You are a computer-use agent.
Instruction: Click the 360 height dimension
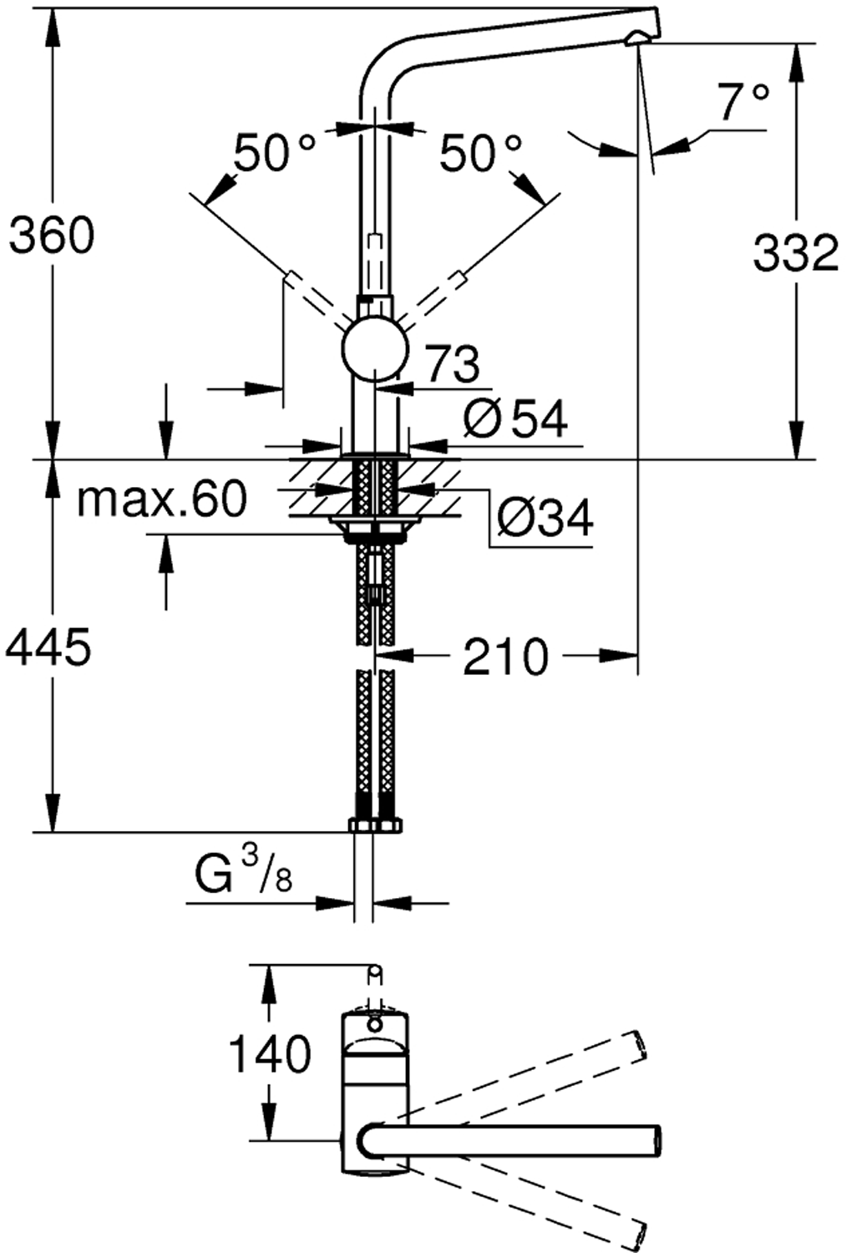[x=52, y=235]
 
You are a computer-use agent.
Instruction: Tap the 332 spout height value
[x=796, y=252]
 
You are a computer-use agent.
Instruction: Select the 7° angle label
[x=744, y=102]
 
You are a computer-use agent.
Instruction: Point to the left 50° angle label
[x=274, y=152]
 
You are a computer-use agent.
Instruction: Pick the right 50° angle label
[x=479, y=152]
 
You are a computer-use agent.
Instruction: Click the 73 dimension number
[x=453, y=364]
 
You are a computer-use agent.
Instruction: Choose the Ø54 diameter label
[x=515, y=419]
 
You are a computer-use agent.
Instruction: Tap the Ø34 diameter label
[x=545, y=518]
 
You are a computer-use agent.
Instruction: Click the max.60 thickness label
[x=162, y=499]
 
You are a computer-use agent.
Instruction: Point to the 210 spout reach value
[x=506, y=657]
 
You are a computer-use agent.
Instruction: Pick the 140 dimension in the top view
[x=271, y=1053]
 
